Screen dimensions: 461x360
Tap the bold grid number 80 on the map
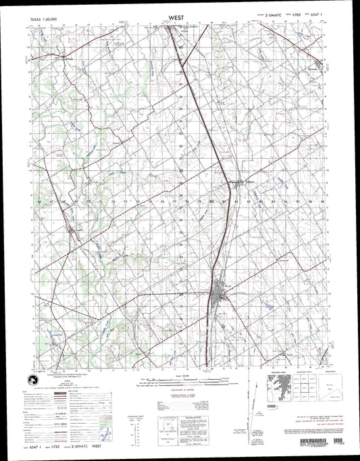pos(212,201)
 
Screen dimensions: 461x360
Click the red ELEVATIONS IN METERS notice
pos(181,396)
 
